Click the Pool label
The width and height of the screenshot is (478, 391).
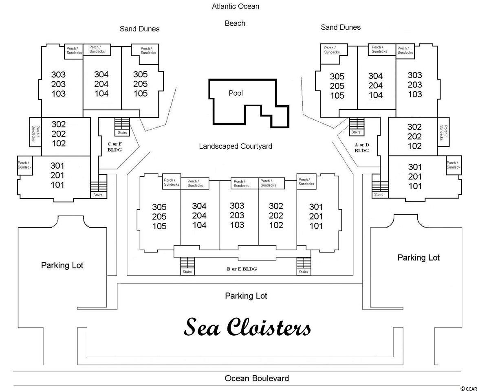pos(236,93)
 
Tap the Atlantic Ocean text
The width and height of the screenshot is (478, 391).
pos(236,7)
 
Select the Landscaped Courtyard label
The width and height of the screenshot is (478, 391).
pos(236,146)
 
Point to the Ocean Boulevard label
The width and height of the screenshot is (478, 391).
pos(257,378)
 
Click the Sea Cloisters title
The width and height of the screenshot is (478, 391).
pos(247,327)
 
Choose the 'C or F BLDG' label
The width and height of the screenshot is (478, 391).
pos(115,147)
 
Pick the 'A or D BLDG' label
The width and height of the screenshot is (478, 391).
pos(362,148)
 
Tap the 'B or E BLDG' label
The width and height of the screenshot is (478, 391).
pos(242,269)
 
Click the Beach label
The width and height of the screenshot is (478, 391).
pos(235,24)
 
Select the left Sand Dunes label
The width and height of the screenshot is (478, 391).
pos(140,29)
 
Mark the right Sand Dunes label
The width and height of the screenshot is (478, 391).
pos(341,27)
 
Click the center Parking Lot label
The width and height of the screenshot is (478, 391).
pos(246,296)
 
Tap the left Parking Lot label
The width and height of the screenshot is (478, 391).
pos(62,266)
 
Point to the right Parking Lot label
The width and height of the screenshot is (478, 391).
pos(419,258)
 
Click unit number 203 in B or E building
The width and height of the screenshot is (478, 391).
pos(237,215)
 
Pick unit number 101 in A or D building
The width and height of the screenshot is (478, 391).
pos(415,186)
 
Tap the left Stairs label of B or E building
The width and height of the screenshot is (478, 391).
pos(187,272)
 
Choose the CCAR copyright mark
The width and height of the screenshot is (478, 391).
pos(469,388)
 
